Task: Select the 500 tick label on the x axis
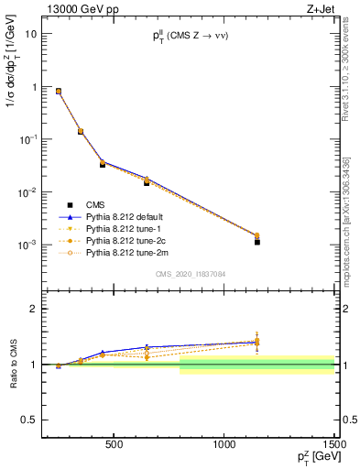(x=115, y=445)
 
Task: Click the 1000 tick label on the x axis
(x=224, y=445)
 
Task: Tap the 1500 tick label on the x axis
(x=334, y=445)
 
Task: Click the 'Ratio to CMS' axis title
(x=13, y=363)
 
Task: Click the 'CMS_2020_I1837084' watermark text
(x=189, y=274)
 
